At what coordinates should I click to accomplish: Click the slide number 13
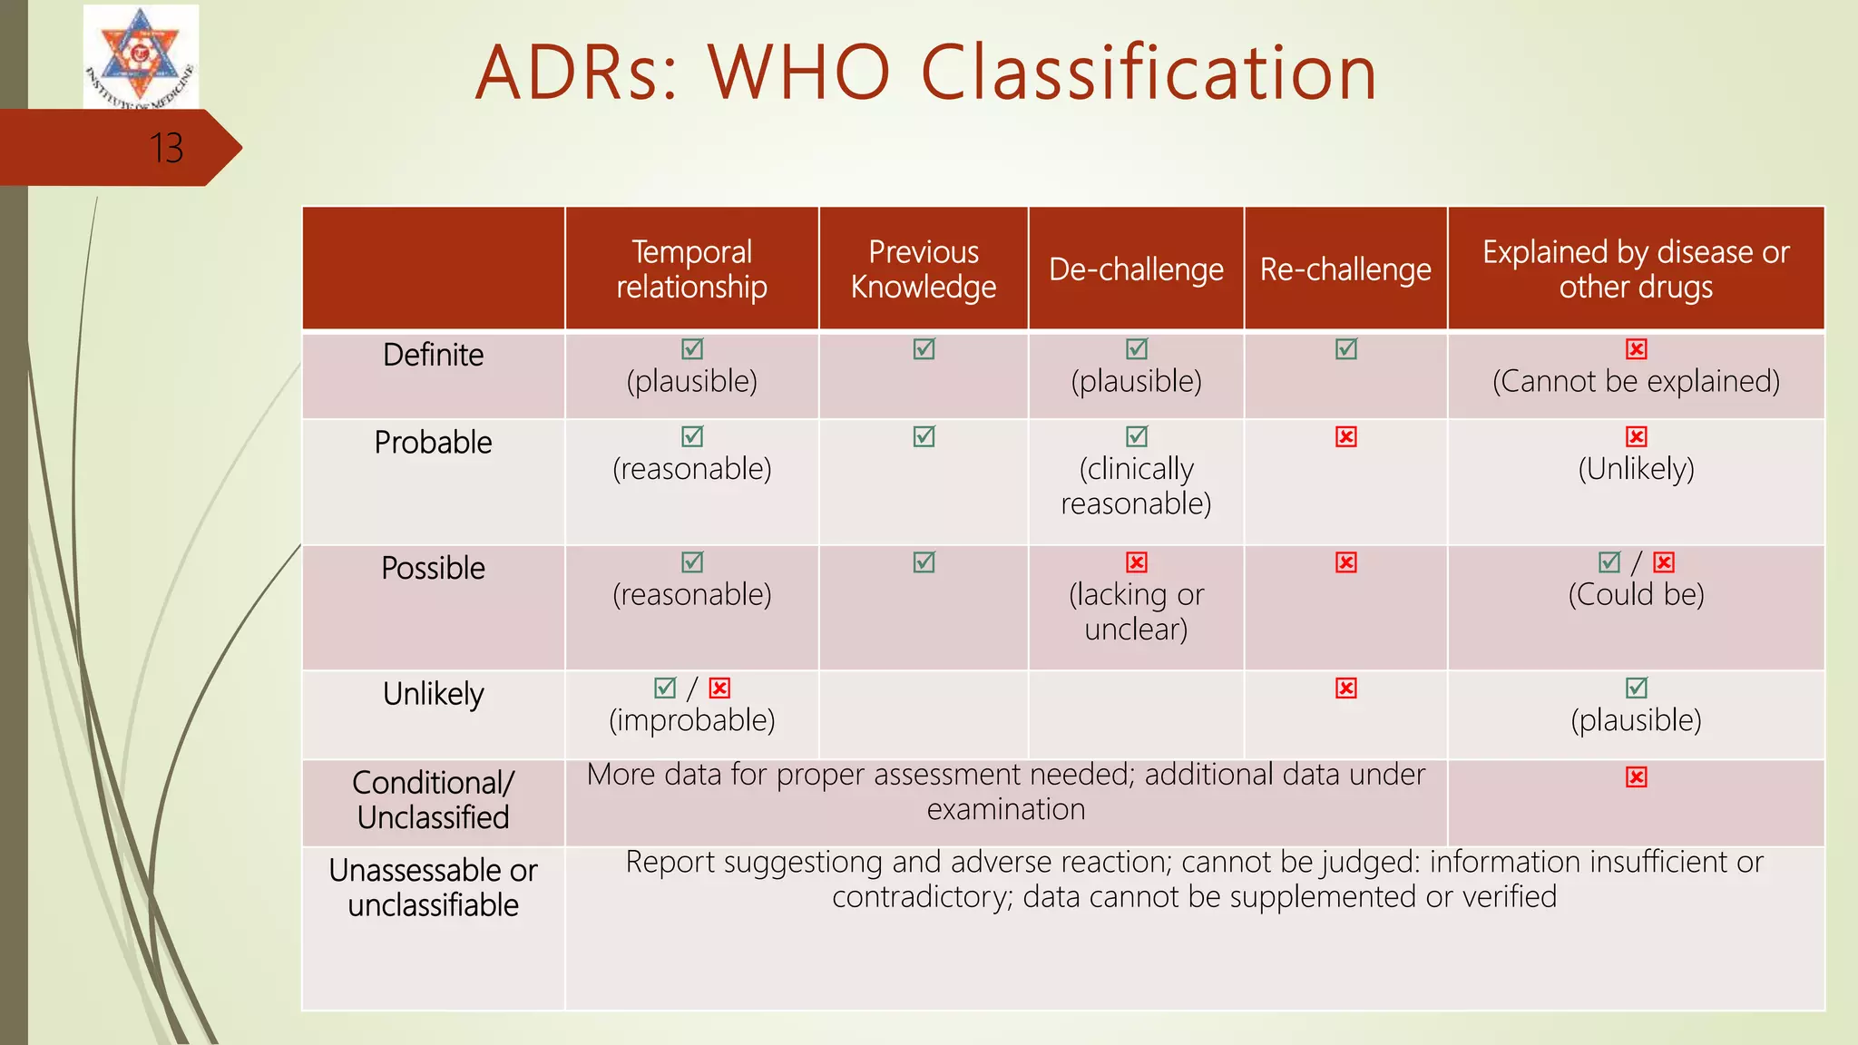[166, 148]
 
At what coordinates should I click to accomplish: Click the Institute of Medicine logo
[141, 57]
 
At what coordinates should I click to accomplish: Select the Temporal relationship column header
[691, 269]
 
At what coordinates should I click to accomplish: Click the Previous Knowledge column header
[923, 269]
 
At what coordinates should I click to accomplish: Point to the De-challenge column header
[1136, 269]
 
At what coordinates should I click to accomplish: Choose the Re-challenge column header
[1345, 269]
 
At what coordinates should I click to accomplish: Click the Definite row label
[433, 355]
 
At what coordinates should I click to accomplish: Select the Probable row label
[433, 443]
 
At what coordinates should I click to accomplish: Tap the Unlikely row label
[433, 694]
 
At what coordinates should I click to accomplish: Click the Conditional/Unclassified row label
[433, 800]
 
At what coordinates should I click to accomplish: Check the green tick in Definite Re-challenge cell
[1346, 349]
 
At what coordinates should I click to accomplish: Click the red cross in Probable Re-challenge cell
[1346, 437]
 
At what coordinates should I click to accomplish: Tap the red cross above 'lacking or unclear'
[1137, 562]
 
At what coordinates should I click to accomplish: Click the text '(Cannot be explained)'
[1636, 381]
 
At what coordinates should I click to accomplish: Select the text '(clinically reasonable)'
[1136, 486]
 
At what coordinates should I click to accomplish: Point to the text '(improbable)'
[691, 720]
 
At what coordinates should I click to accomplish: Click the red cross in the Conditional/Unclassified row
[1637, 777]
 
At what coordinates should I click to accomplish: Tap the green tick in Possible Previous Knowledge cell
[924, 562]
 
